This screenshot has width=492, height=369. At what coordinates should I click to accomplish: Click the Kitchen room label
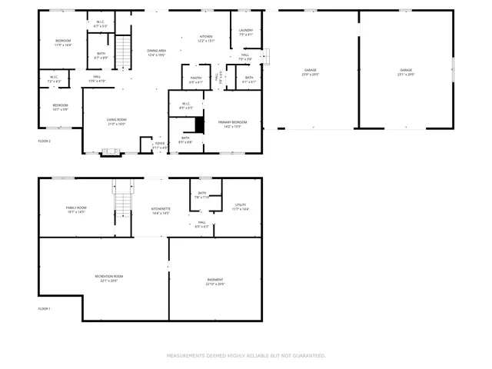coord(206,37)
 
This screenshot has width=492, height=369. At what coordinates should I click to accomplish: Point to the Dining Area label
coord(157,51)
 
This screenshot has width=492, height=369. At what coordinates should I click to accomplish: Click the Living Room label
coord(116,121)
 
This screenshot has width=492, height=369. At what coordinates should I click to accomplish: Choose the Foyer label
coord(160,143)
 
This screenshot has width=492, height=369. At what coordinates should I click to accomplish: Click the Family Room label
coord(76,208)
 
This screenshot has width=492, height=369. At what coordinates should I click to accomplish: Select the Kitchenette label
coord(161,208)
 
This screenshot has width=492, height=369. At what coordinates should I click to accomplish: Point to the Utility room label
coord(241,205)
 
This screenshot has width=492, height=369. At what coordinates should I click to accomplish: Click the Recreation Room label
coord(109,276)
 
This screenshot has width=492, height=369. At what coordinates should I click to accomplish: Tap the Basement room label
coord(215,280)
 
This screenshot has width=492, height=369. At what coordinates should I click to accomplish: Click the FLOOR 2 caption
coord(45,141)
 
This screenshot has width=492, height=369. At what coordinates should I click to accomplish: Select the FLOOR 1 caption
coord(45,308)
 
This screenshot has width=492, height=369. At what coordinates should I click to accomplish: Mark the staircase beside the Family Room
coord(123,202)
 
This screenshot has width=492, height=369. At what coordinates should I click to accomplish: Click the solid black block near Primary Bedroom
coord(199,125)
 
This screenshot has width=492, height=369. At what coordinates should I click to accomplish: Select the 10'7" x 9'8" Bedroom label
coord(60,105)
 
